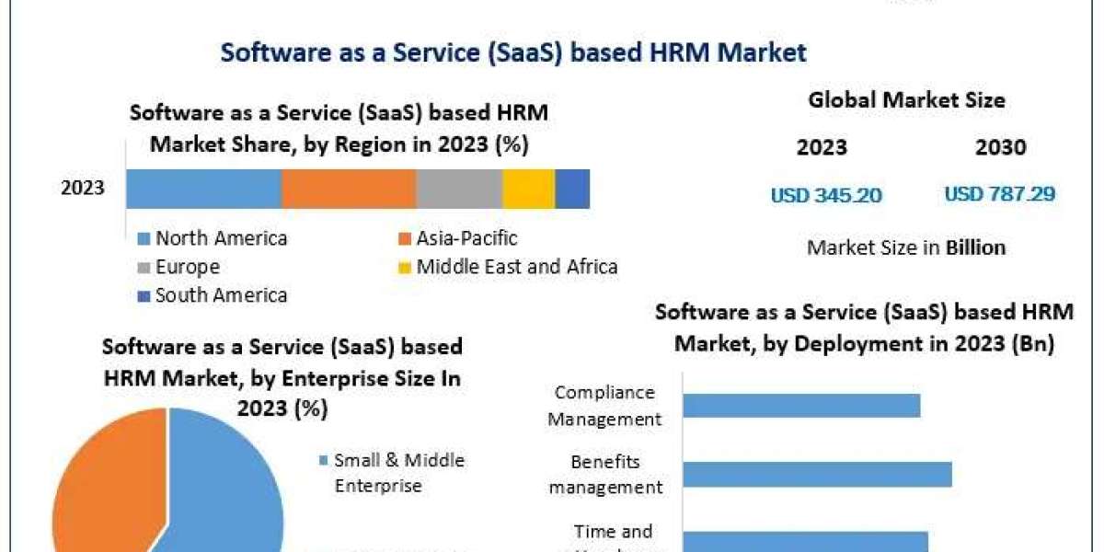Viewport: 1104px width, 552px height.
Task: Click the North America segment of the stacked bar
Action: pyautogui.click(x=203, y=189)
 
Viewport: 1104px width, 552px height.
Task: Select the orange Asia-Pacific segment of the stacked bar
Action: pyautogui.click(x=349, y=189)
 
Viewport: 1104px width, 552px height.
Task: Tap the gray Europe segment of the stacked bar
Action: pyautogui.click(x=459, y=189)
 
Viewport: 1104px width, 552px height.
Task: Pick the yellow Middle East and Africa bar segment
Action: pyautogui.click(x=528, y=189)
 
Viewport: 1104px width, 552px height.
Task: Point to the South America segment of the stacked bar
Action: pyautogui.click(x=572, y=189)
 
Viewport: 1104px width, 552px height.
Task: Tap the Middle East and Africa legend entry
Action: pyautogui.click(x=516, y=268)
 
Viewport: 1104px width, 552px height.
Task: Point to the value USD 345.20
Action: pyautogui.click(x=826, y=195)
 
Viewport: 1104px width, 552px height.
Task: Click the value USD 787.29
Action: pyautogui.click(x=999, y=195)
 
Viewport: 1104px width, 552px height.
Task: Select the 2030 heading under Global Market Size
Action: pyautogui.click(x=999, y=147)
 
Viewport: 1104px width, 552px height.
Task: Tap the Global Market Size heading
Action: pyautogui.click(x=906, y=100)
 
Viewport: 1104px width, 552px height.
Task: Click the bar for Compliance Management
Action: pyautogui.click(x=801, y=405)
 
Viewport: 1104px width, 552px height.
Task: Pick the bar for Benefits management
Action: pyautogui.click(x=817, y=474)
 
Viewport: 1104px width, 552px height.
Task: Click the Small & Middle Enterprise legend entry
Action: pyautogui.click(x=398, y=473)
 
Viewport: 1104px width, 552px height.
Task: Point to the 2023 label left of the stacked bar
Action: pyautogui.click(x=83, y=189)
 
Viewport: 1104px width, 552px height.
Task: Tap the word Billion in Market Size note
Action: pyautogui.click(x=975, y=247)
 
